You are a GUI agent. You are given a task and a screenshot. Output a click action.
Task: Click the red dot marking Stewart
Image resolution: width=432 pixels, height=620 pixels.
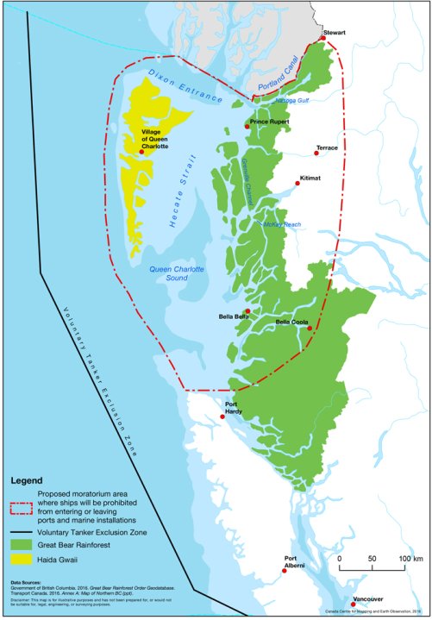pyautogui.click(x=322, y=38)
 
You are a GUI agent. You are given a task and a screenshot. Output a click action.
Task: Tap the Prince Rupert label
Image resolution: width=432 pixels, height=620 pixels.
pyautogui.click(x=268, y=122)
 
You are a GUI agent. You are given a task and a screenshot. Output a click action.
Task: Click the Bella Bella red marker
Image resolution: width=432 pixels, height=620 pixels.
pyautogui.click(x=247, y=311)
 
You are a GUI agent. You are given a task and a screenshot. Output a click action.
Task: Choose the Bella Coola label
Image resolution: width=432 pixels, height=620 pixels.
pyautogui.click(x=293, y=322)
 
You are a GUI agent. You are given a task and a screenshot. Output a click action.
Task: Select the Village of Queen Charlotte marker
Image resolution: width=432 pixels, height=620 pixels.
pyautogui.click(x=153, y=152)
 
